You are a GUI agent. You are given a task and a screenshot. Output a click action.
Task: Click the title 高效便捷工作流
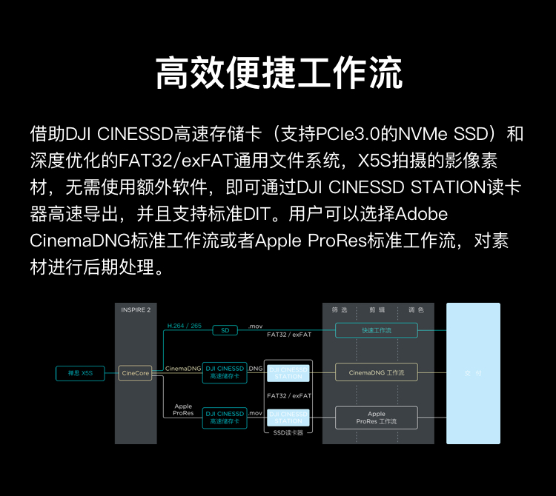coord(278,73)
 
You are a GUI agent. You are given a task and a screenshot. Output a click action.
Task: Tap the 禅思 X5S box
coord(79,373)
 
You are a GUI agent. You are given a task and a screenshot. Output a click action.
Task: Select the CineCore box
coord(135,373)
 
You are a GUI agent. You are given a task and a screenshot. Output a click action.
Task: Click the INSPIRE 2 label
coord(136,310)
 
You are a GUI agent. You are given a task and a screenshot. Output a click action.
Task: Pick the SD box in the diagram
coord(225,330)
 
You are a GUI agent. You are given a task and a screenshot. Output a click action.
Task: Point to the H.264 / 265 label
coord(184,325)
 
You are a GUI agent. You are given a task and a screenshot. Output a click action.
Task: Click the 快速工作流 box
coord(376,330)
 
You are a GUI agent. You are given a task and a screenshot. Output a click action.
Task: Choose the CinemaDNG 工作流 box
coord(376,372)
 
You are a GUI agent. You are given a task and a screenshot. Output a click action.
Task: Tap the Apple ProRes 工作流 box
coord(376,418)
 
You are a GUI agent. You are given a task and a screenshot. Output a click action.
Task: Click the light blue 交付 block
coord(473,372)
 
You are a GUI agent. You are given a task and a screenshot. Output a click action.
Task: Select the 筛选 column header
coord(340,310)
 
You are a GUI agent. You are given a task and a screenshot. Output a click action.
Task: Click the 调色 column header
coord(416,310)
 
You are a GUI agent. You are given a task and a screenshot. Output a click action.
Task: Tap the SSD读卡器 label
coord(288,432)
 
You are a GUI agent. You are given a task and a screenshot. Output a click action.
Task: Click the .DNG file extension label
coord(256,368)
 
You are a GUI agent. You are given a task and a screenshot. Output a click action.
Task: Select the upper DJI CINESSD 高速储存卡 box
coord(225,372)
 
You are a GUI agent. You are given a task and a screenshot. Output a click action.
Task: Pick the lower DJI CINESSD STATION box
coord(288,418)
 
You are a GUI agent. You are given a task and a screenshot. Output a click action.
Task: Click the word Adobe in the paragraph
coord(423,214)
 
